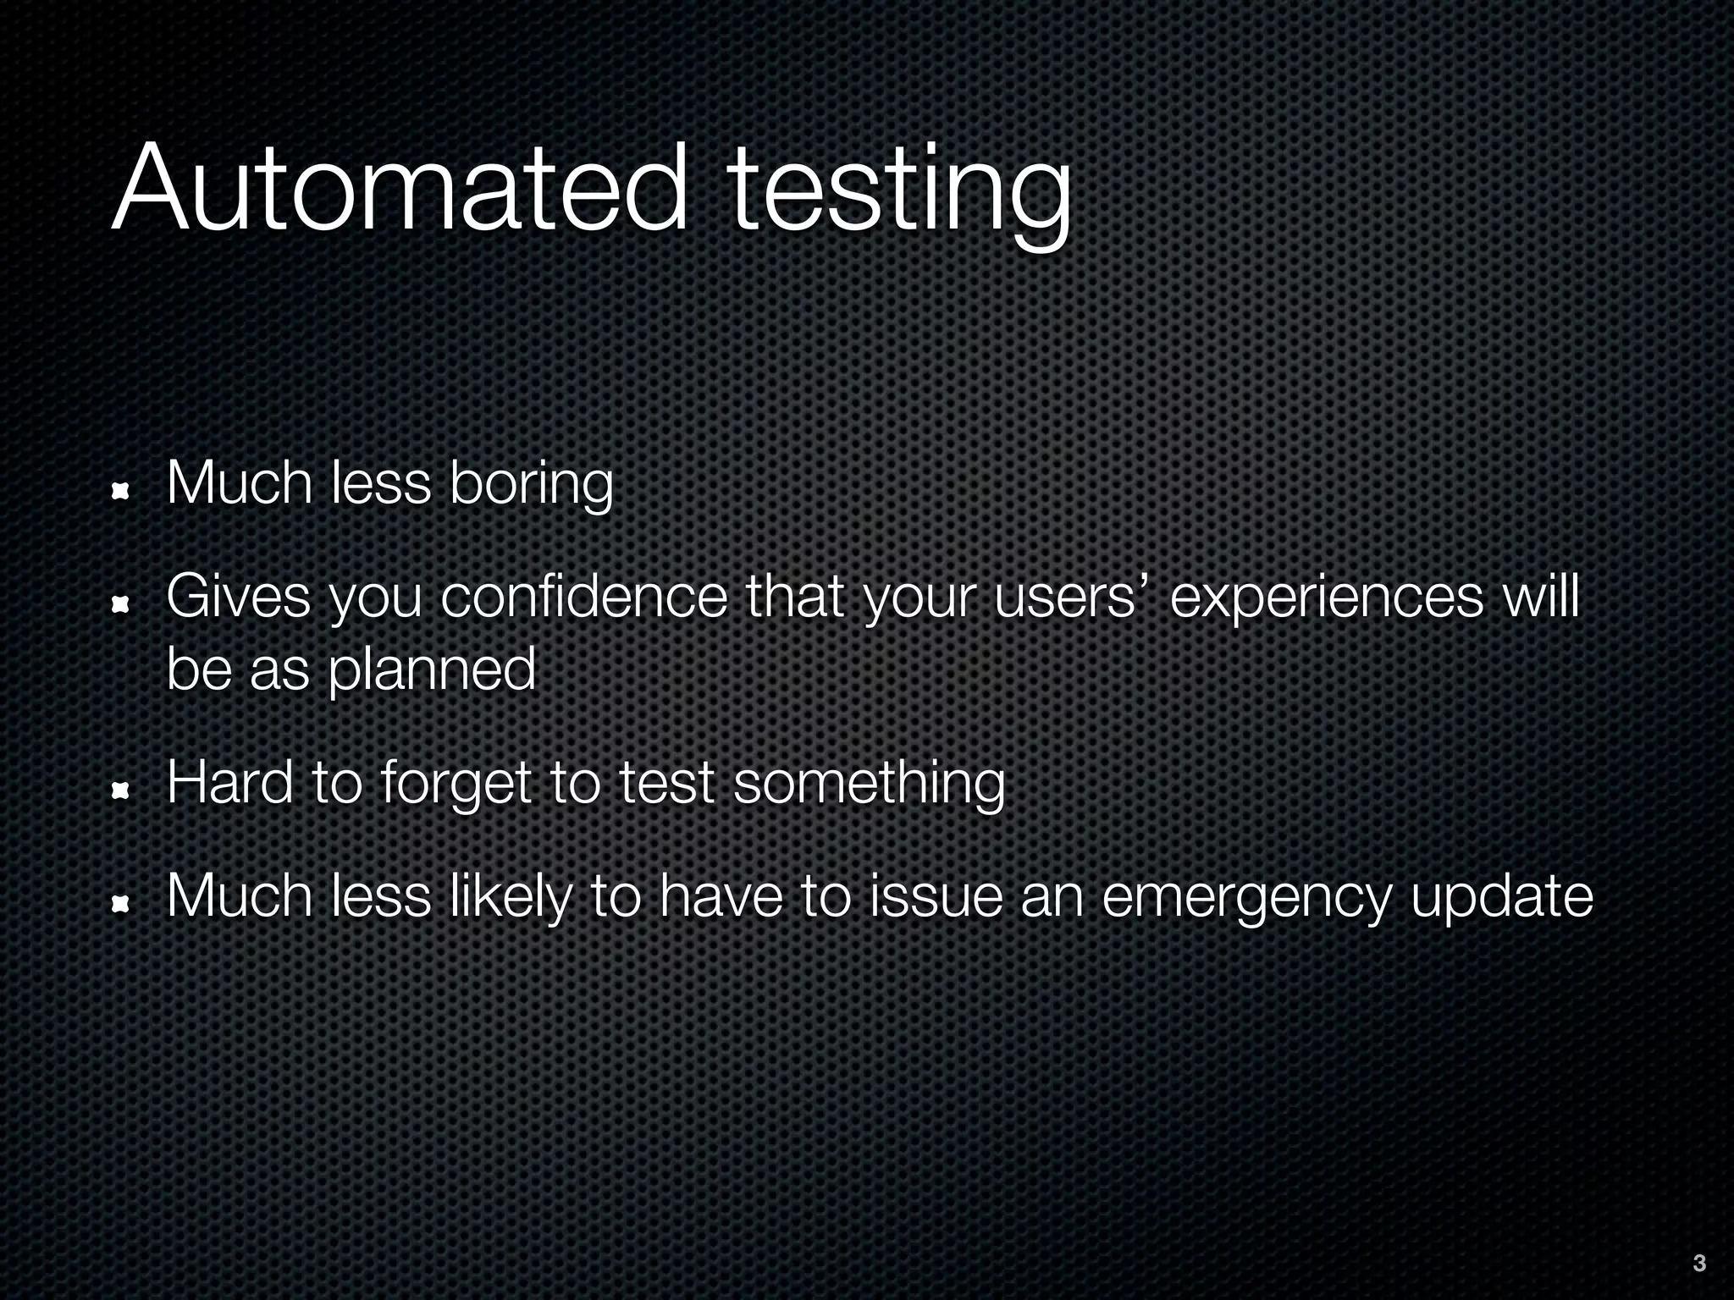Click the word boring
point(531,485)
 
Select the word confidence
point(584,598)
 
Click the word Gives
point(239,598)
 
